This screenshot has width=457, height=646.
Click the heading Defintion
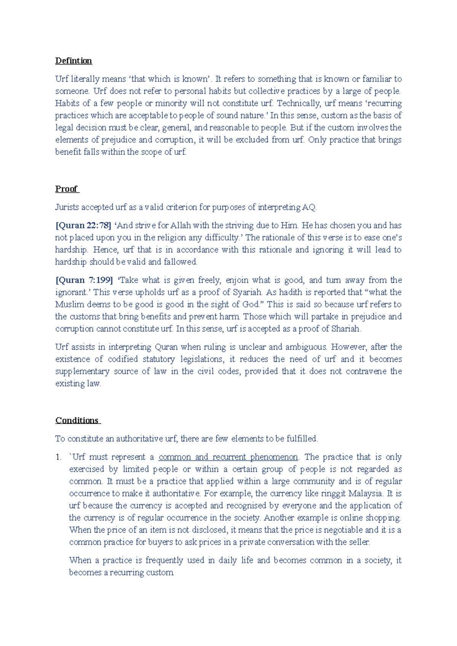coord(74,61)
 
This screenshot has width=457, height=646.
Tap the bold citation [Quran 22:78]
coord(83,226)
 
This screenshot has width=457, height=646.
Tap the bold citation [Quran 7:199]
coord(84,280)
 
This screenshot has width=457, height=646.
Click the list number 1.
coord(58,457)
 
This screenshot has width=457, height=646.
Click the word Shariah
coord(345,329)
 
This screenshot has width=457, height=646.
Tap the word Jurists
coord(67,207)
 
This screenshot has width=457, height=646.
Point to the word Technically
coord(299,103)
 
